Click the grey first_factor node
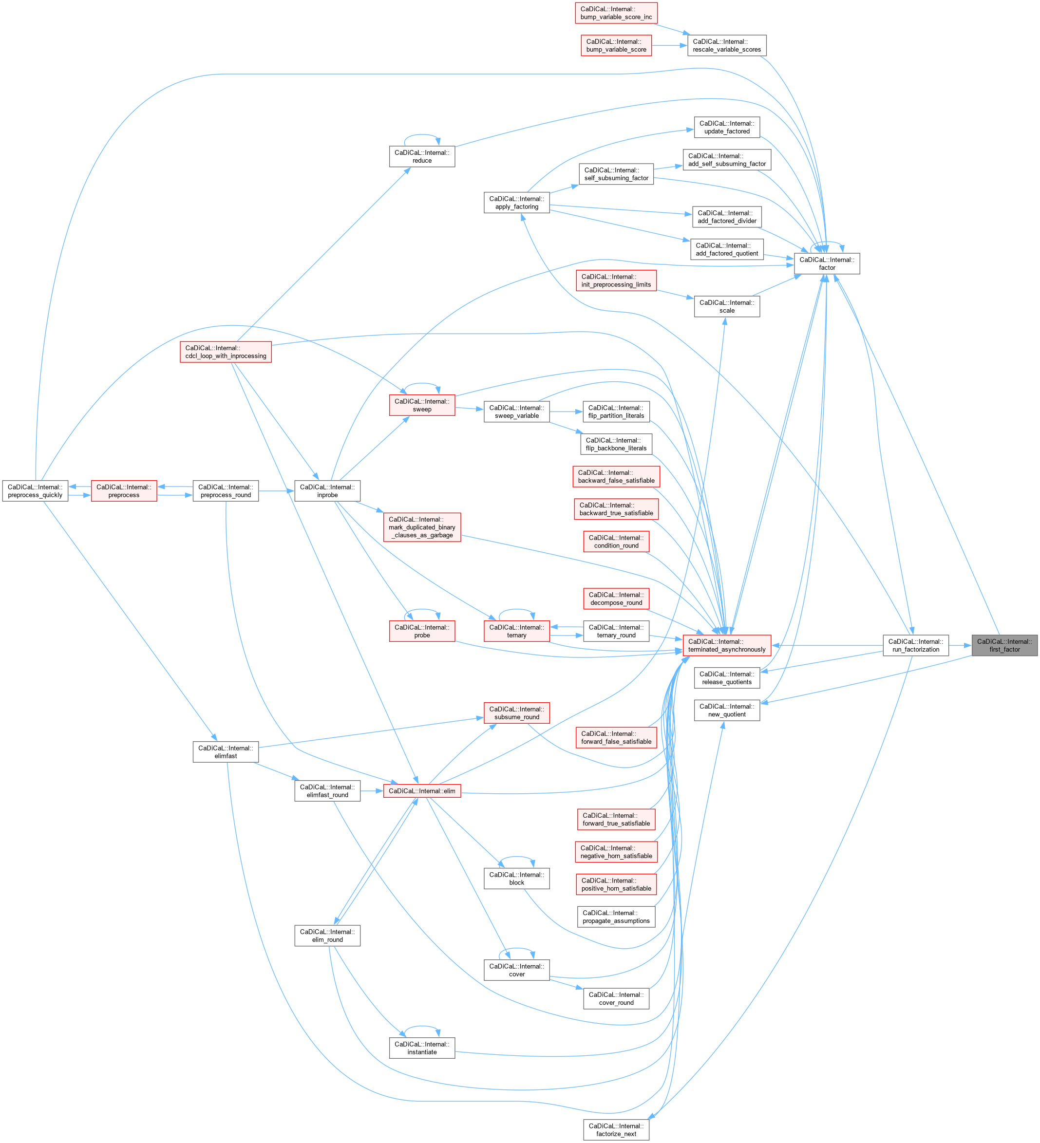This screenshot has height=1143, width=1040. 1004,645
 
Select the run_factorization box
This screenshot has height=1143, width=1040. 915,645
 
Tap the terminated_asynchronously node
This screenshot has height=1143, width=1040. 726,645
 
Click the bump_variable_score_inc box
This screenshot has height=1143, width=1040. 616,13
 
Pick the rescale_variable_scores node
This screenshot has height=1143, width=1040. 726,45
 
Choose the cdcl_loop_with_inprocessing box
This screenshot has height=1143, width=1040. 225,352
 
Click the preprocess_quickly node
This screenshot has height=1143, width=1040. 35,491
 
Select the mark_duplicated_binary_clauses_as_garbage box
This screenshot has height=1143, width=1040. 422,527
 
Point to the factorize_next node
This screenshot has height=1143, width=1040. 616,1130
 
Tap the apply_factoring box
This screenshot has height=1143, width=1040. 517,203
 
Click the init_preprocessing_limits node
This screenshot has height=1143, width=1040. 616,281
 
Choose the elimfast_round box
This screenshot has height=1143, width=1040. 327,791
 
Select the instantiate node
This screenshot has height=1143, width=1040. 422,1048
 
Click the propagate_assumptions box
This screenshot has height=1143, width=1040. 616,917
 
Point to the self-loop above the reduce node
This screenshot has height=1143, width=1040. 422,135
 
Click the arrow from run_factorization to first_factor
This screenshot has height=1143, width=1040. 960,645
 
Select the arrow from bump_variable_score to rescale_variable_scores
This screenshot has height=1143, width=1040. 669,45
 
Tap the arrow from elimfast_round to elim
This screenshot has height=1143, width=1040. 371,791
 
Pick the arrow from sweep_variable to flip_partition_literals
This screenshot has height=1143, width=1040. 566,412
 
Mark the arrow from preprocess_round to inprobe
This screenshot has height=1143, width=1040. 277,491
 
